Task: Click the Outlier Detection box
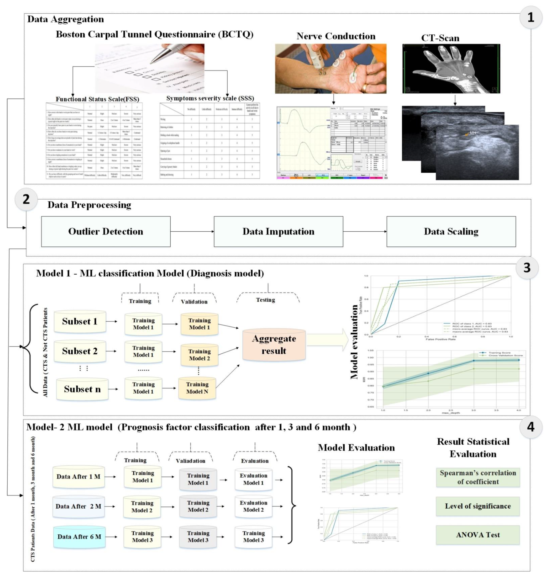click(x=106, y=231)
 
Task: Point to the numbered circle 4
click(x=530, y=427)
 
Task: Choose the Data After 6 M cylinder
click(x=79, y=537)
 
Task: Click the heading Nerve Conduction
click(x=336, y=36)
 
